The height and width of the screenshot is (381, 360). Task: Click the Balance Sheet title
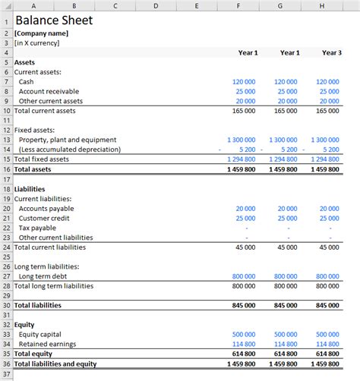(50, 20)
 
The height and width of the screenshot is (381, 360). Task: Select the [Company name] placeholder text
(41, 33)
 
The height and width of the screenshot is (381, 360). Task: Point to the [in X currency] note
(36, 43)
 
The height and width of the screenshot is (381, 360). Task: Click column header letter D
(155, 6)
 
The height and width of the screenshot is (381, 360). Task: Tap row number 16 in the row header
(6, 169)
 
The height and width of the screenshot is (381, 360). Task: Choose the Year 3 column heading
(330, 52)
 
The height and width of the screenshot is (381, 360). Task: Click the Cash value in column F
(243, 81)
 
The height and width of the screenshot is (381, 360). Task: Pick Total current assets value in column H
(327, 111)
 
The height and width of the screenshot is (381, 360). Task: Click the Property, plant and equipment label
(67, 140)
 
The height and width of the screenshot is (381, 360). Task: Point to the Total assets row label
(34, 169)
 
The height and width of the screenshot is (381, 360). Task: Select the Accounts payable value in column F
(245, 208)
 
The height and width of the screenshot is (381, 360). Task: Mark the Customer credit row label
(44, 218)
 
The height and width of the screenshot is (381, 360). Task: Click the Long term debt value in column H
(327, 276)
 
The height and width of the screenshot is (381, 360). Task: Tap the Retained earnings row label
(49, 344)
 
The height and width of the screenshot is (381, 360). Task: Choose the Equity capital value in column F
(243, 334)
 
